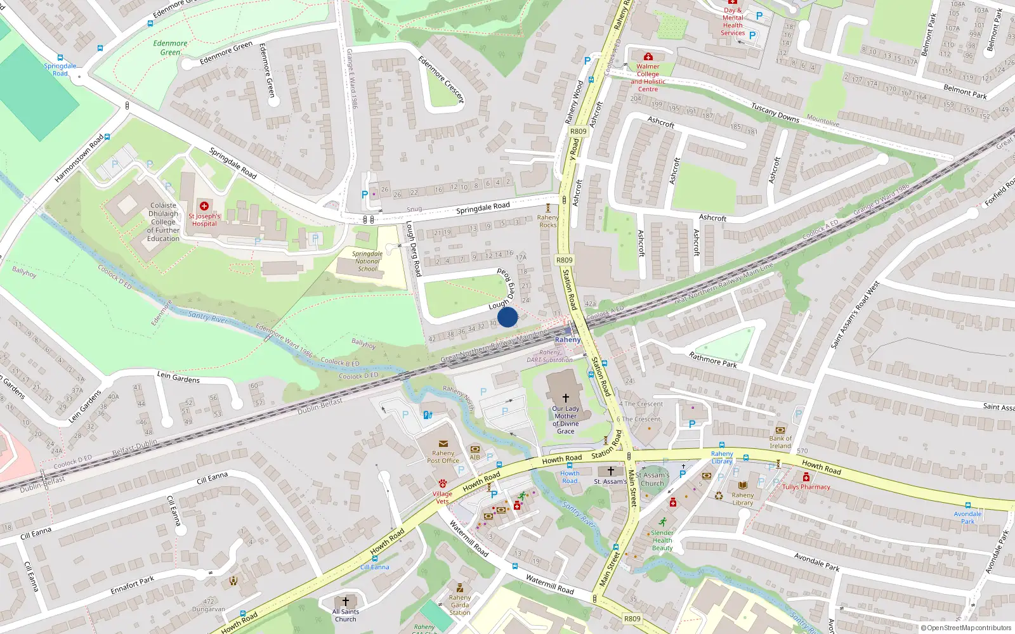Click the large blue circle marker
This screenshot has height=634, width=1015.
coord(507,317)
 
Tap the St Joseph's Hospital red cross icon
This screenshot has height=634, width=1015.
coord(204,206)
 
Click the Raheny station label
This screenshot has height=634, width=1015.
coord(567,340)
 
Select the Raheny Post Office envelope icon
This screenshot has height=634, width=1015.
coord(443,444)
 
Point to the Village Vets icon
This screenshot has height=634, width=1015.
coord(442,484)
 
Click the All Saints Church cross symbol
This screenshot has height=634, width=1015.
coord(346,601)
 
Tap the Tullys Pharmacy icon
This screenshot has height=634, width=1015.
coord(806,477)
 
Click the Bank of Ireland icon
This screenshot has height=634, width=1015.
coord(780,430)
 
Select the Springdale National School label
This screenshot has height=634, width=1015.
coord(367,261)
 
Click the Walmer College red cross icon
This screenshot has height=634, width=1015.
coord(648,57)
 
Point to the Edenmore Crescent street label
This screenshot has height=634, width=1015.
coord(441,80)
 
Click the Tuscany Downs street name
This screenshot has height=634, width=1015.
coord(775,113)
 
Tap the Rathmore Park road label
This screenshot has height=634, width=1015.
coord(712,360)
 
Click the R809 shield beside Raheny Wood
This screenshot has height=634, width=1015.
coord(578,131)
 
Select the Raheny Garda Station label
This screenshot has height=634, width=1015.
coord(460,605)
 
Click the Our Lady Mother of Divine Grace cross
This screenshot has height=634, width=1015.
coord(565,398)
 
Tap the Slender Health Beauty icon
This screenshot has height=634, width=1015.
coord(662,522)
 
